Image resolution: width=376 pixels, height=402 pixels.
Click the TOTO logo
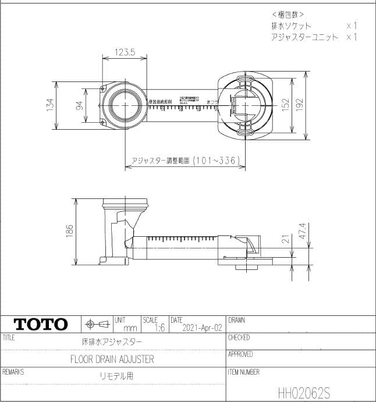41,324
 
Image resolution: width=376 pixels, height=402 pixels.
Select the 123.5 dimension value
124,52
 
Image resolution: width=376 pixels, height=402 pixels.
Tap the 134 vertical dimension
50,105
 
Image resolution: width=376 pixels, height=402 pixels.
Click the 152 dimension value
285,104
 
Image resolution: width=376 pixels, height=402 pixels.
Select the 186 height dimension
70,232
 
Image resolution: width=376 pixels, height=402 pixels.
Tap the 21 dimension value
285,239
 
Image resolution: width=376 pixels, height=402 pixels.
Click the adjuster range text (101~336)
185,161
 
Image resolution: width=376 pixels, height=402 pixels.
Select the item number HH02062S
304,392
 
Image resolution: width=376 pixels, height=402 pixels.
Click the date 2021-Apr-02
202,328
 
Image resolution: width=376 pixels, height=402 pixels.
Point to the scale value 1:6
159,328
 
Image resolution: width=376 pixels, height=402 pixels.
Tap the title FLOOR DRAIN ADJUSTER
112,359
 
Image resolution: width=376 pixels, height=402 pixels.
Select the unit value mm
130,329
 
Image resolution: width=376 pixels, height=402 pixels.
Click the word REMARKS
13,371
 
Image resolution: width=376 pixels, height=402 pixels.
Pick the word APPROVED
240,354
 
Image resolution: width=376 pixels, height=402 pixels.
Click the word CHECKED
239,337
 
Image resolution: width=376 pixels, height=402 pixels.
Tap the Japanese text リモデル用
116,376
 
